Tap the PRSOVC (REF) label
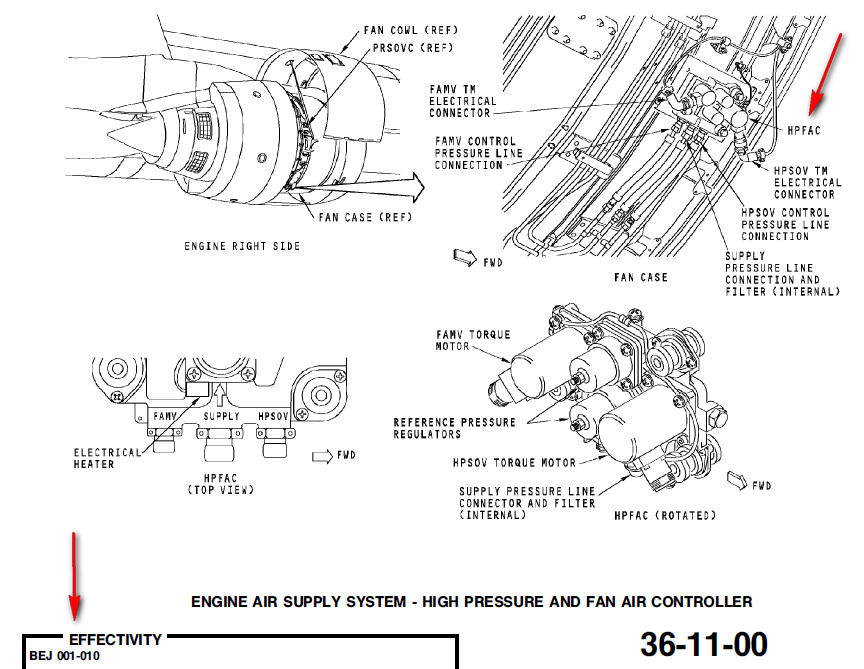click(412, 47)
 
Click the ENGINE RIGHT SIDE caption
click(242, 246)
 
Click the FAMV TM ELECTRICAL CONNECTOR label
click(462, 101)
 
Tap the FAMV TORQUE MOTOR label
click(473, 340)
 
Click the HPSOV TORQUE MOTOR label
click(514, 463)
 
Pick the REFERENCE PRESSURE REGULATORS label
click(455, 428)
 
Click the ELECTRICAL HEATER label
click(108, 458)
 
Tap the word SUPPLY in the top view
click(221, 415)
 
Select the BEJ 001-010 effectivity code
click(64, 656)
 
